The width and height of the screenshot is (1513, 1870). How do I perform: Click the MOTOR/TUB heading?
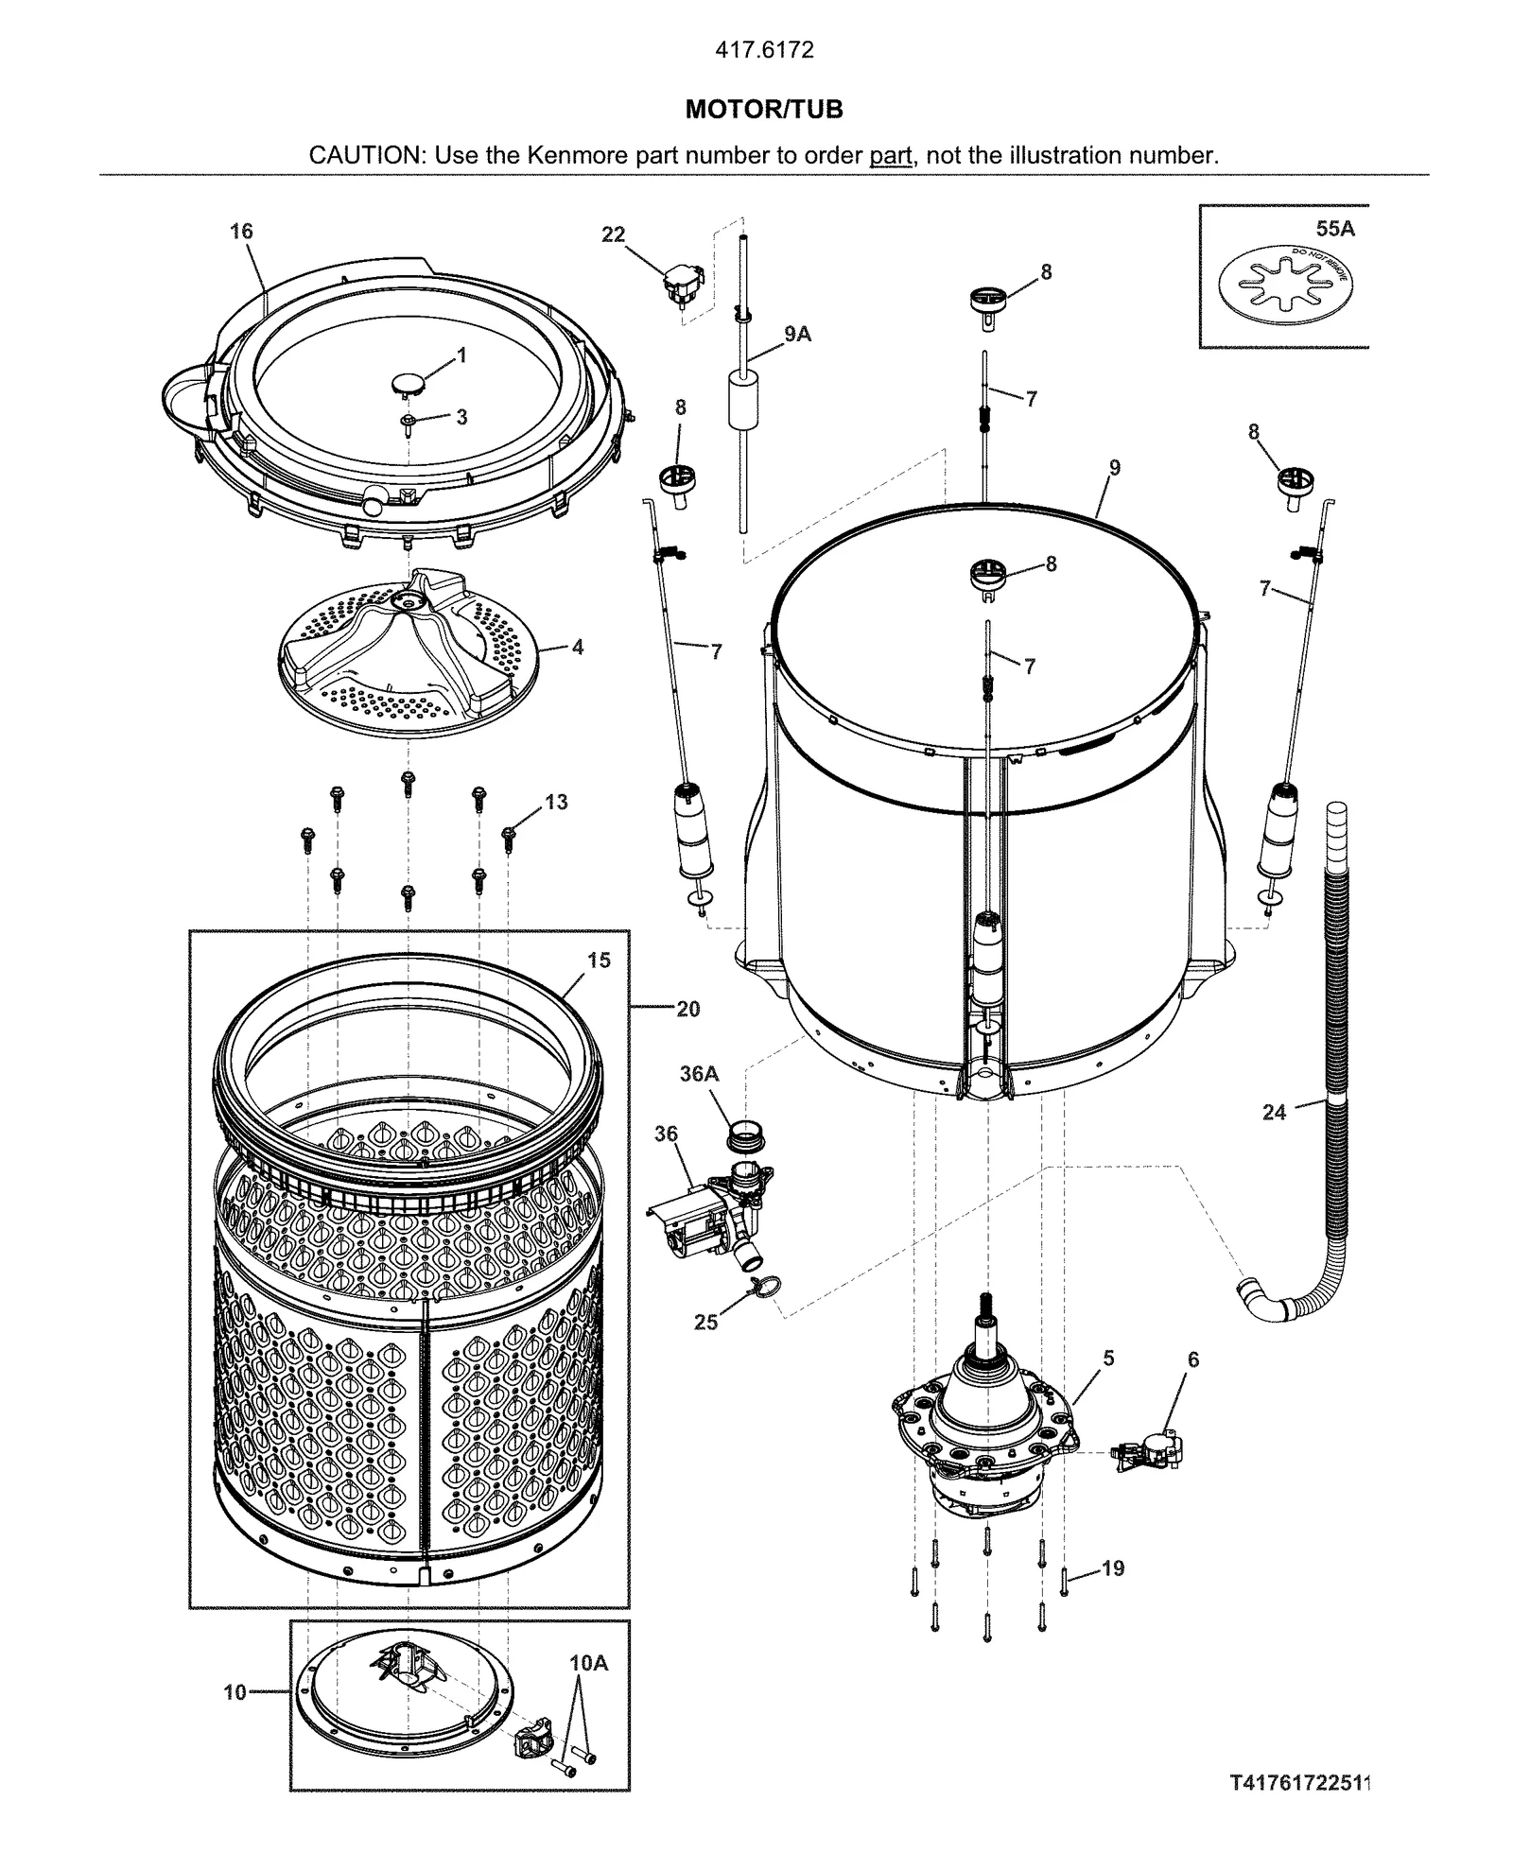click(763, 110)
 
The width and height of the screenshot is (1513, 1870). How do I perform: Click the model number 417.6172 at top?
click(763, 50)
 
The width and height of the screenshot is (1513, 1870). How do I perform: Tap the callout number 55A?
click(1334, 229)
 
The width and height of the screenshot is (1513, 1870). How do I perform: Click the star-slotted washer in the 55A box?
click(1283, 281)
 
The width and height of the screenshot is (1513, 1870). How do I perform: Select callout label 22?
click(614, 234)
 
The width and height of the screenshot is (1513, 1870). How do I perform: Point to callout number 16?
click(241, 232)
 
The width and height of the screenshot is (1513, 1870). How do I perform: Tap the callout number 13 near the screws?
click(556, 802)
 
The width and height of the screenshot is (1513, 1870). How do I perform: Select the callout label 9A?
click(797, 334)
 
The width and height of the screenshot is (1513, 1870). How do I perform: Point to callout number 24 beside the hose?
click(1274, 1113)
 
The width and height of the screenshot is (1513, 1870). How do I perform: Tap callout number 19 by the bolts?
click(1113, 1568)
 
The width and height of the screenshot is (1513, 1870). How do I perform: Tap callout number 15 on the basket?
click(599, 961)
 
